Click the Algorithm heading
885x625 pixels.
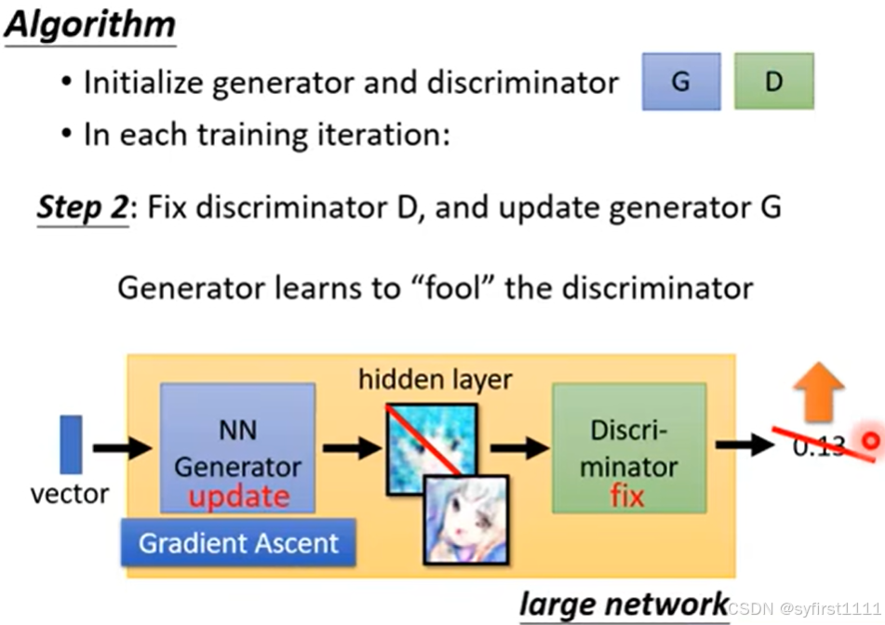[x=90, y=24]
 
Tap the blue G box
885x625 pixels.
[x=680, y=82]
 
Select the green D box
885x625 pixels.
[x=773, y=82]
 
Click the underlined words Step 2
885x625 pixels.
[x=82, y=206]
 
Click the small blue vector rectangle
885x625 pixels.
[x=71, y=445]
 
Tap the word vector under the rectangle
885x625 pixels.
[x=70, y=494]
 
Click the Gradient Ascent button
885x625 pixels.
[x=238, y=542]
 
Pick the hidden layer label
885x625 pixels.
[x=436, y=379]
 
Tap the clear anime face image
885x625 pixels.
[x=466, y=519]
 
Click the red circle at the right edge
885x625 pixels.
[x=871, y=441]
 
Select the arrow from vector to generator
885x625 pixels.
[x=122, y=447]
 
